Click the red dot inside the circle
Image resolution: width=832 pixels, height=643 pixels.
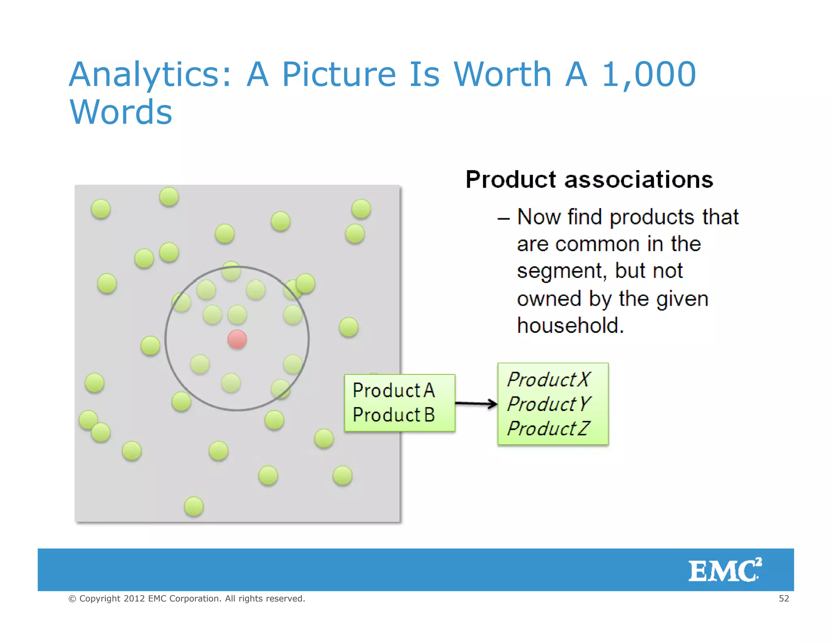[237, 339]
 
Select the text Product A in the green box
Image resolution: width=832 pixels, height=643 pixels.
[394, 391]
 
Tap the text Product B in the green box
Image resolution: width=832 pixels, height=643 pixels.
[394, 415]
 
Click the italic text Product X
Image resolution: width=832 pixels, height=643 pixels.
[548, 380]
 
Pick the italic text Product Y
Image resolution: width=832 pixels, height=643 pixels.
[548, 404]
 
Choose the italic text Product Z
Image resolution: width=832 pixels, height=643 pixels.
[548, 428]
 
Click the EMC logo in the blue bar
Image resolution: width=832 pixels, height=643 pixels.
[725, 570]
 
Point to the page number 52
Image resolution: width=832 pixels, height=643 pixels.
[784, 598]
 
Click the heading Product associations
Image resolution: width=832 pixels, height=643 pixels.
[589, 180]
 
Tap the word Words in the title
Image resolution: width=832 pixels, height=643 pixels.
[121, 112]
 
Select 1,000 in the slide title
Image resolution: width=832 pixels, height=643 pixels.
[649, 74]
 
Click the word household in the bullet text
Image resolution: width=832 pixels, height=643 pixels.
[570, 326]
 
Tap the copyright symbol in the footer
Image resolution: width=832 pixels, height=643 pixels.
[72, 599]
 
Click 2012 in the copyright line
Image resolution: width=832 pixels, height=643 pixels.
[134, 598]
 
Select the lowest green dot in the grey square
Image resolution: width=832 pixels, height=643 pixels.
[194, 506]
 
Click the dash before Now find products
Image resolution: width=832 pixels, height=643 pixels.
[503, 219]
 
